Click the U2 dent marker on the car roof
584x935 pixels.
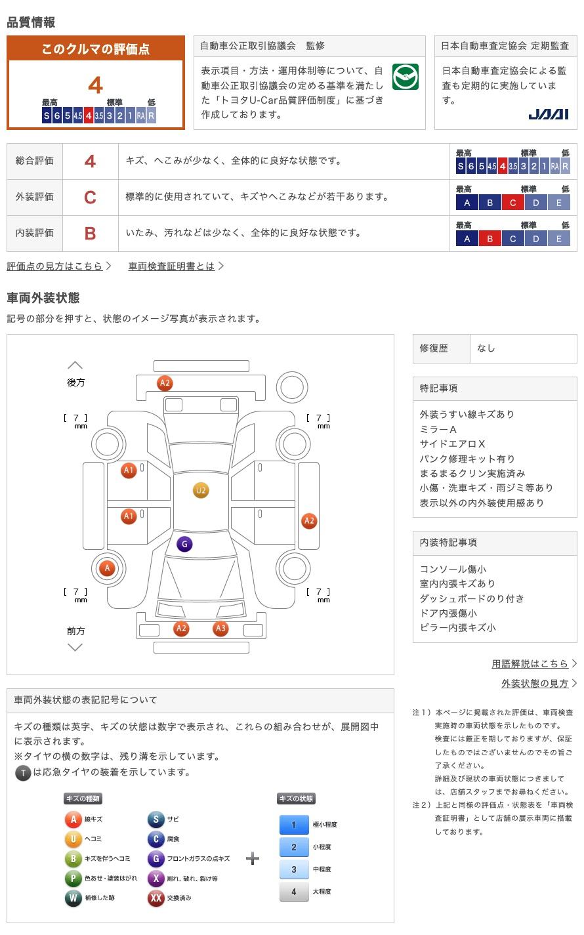(x=201, y=490)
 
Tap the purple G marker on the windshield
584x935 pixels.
(x=184, y=544)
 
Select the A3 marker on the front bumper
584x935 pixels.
(x=220, y=629)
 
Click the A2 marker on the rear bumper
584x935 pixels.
(x=165, y=383)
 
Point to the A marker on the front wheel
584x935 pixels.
(x=108, y=568)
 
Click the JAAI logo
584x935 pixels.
(x=548, y=114)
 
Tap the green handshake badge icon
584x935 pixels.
(x=406, y=77)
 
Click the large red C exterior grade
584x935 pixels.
(x=90, y=197)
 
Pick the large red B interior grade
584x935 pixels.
(x=90, y=233)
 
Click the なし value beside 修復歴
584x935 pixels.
(x=486, y=348)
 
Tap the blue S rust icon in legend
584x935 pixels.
(x=156, y=819)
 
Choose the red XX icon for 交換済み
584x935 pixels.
(x=156, y=898)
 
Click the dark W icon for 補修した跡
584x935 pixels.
(x=73, y=898)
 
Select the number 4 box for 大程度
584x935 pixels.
(x=293, y=891)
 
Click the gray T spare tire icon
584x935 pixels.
(x=23, y=773)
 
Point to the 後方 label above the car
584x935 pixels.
(x=75, y=383)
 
